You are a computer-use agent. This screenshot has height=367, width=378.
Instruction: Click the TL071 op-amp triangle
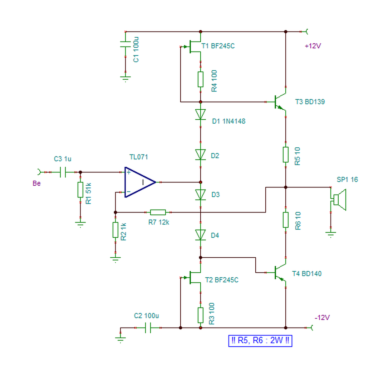point(140,182)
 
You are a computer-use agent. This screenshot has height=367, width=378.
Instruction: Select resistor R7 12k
point(158,213)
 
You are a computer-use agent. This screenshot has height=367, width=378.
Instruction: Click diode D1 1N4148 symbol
point(200,114)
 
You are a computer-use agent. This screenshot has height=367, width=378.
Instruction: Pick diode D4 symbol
point(200,235)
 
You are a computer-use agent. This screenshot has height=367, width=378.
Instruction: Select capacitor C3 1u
point(63,172)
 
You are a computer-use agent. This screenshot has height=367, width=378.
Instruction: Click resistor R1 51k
point(80,190)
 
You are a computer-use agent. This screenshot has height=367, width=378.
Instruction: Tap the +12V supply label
point(313,46)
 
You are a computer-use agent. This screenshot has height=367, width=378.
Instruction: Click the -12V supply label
point(322,318)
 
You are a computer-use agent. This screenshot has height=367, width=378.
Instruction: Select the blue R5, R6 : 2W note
point(260,341)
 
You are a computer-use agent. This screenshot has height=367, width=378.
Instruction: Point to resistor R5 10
point(286,154)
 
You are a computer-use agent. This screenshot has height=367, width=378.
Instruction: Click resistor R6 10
point(286,220)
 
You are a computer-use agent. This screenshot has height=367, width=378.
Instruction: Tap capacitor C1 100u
point(126,44)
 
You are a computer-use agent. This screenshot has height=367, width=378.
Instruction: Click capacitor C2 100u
point(148,328)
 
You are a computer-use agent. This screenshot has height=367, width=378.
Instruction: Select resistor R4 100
point(200,79)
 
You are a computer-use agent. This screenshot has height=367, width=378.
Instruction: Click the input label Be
point(36,183)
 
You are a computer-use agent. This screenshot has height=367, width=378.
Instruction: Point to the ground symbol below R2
point(116,259)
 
